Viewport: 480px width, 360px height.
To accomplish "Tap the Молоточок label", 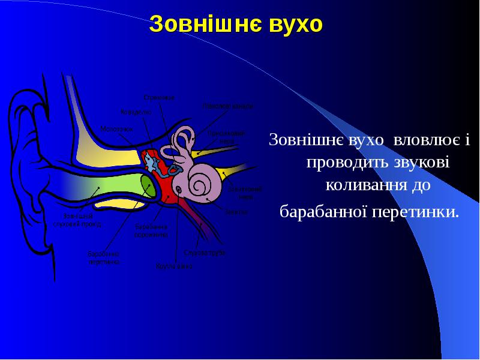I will click(116, 128).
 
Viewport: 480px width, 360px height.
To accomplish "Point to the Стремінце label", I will click(159, 97).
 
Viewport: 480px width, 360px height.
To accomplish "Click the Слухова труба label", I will click(205, 253).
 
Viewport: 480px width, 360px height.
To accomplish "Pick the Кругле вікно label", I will click(174, 265).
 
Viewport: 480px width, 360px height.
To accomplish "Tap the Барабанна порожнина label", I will click(151, 231).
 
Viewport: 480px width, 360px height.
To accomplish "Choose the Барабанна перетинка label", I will click(104, 257).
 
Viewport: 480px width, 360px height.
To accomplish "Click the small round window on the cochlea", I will click(178, 190).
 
